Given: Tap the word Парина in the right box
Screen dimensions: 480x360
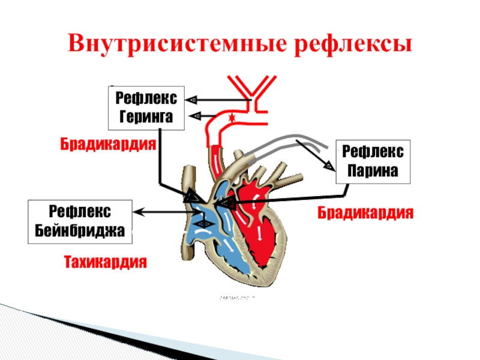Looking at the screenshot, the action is click(x=373, y=170).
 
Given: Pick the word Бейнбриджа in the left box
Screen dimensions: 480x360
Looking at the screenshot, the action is click(x=80, y=230).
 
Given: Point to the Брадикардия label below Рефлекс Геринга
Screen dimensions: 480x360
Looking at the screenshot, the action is click(x=108, y=145).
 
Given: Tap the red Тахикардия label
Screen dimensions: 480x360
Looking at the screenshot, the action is click(x=106, y=262).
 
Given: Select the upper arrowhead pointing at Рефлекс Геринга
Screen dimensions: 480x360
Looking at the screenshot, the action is click(x=191, y=100).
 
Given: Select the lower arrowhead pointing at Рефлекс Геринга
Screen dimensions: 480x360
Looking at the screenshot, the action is click(x=194, y=116).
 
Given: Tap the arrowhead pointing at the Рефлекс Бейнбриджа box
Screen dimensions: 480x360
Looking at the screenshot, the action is click(x=142, y=211).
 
